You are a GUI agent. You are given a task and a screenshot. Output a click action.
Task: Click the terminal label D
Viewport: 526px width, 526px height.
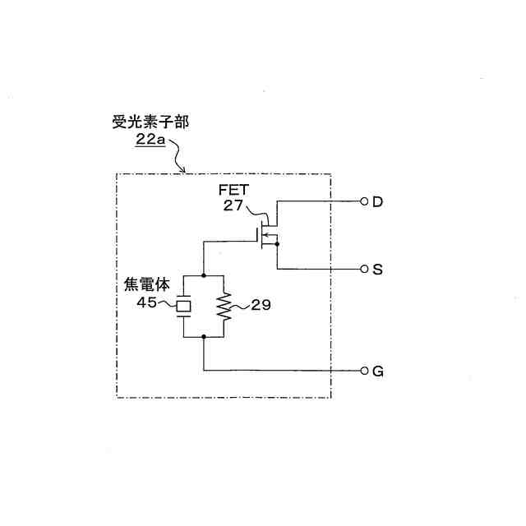pyautogui.click(x=377, y=202)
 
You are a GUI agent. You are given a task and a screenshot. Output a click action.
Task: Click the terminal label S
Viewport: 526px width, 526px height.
pyautogui.click(x=377, y=270)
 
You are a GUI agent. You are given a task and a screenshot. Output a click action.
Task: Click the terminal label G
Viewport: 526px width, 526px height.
pyautogui.click(x=378, y=371)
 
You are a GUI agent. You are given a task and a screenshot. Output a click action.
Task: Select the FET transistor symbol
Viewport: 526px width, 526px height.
pyautogui.click(x=267, y=234)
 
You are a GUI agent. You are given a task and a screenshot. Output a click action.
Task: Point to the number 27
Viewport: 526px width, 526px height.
pyautogui.click(x=233, y=205)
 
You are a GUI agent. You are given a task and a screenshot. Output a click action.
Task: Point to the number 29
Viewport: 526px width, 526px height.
pyautogui.click(x=260, y=307)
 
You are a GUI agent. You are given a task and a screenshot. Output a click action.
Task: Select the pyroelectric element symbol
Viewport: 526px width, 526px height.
pyautogui.click(x=185, y=307)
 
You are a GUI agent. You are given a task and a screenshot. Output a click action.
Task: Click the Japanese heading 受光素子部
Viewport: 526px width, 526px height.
pyautogui.click(x=150, y=123)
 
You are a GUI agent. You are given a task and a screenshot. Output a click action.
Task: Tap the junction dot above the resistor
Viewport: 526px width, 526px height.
pyautogui.click(x=203, y=275)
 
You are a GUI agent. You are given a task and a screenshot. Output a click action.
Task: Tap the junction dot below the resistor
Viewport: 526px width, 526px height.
pyautogui.click(x=203, y=336)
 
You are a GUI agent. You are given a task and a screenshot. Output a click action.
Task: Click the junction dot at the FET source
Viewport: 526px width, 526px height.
pyautogui.click(x=277, y=244)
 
